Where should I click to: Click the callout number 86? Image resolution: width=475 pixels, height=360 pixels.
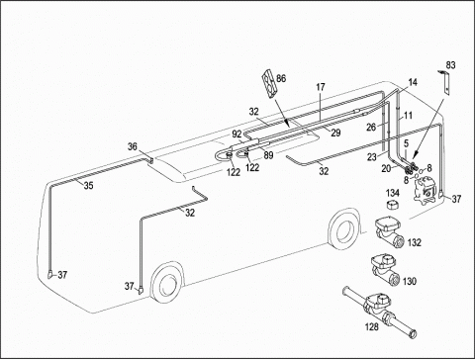(281, 78)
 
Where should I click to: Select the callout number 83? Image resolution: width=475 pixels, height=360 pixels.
(450, 65)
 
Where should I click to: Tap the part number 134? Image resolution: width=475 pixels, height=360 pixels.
(393, 193)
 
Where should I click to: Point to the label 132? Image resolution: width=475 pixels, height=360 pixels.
(415, 242)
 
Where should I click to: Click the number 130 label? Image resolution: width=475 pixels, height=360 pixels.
(410, 281)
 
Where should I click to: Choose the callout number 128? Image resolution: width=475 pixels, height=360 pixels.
(372, 326)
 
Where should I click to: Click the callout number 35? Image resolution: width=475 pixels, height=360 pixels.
(88, 186)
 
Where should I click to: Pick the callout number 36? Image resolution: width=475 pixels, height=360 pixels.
(133, 146)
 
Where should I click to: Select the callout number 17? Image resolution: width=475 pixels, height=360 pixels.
(321, 87)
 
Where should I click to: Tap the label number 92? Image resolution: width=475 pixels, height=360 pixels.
(237, 135)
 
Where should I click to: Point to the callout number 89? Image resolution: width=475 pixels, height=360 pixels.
(269, 155)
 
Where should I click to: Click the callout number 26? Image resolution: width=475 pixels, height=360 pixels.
(371, 127)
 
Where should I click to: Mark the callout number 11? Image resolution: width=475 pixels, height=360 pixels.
(409, 116)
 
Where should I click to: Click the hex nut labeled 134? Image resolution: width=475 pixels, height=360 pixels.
(393, 204)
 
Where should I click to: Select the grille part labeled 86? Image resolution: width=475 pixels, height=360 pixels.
(269, 83)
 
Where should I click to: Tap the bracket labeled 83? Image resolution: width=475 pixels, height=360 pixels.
(445, 82)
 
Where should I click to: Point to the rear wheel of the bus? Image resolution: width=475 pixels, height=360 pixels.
(344, 228)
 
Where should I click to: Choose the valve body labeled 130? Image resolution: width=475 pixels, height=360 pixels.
(386, 270)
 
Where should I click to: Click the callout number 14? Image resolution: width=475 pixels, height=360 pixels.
(413, 82)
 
